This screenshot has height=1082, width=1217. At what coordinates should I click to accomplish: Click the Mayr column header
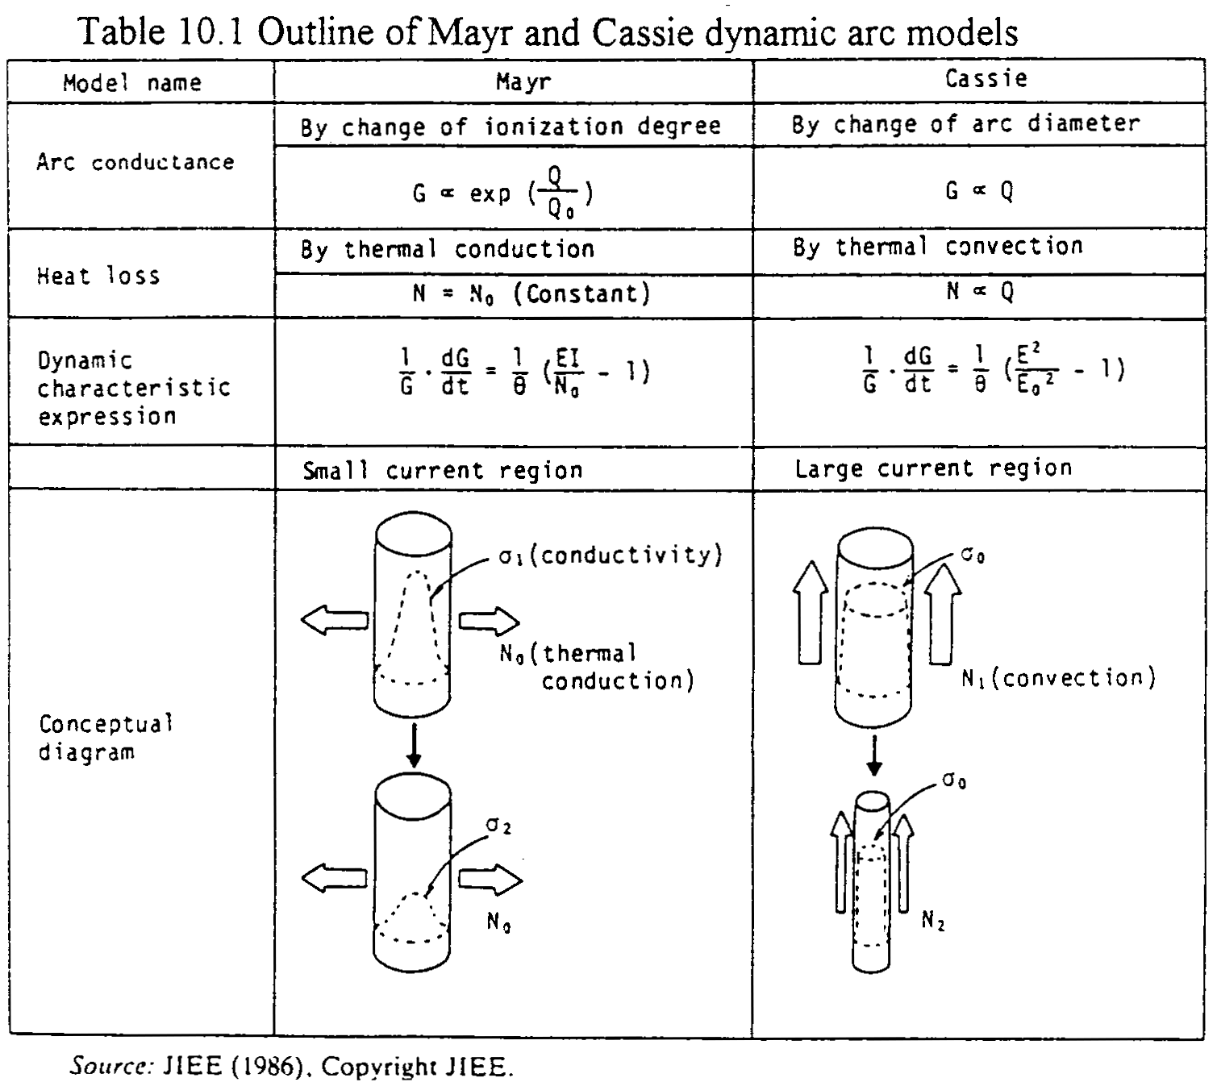(x=523, y=82)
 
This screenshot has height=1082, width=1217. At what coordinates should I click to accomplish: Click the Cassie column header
(x=986, y=79)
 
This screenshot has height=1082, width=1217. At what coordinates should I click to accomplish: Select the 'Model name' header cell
(x=132, y=83)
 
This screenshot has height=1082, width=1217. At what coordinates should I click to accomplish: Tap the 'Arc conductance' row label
(x=135, y=162)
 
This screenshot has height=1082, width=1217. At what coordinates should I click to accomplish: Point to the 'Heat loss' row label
(x=98, y=277)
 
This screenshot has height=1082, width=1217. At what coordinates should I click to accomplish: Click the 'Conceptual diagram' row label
(x=106, y=738)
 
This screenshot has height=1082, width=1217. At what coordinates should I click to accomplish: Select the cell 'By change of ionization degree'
(x=511, y=127)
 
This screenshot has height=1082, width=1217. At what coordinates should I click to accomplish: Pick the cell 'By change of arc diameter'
(x=965, y=124)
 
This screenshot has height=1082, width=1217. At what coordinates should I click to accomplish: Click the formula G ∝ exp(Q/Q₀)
(x=504, y=194)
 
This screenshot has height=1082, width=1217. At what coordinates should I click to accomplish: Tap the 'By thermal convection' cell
(x=937, y=247)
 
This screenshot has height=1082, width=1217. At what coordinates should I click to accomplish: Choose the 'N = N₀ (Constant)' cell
(x=531, y=293)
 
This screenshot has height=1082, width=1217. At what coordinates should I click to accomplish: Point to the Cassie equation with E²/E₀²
(x=993, y=370)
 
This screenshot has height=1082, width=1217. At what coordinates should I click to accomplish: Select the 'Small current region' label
(x=442, y=470)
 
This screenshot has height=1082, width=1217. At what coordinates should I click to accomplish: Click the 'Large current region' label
(x=933, y=468)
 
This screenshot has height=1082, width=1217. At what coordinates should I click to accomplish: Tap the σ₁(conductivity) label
(x=610, y=556)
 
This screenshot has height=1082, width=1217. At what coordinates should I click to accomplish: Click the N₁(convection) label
(x=1058, y=678)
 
